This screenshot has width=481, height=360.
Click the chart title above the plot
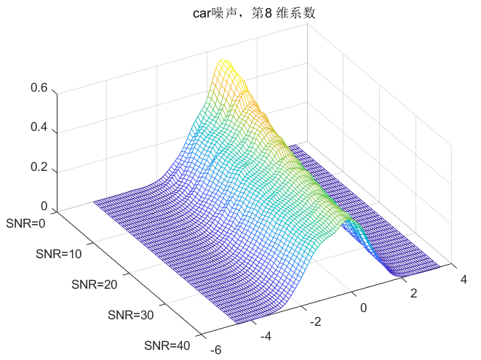coord(240,12)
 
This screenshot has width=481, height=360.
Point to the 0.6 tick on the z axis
coord(39,88)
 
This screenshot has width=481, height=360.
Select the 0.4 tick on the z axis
coord(39,127)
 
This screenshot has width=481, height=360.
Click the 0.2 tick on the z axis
coord(39,167)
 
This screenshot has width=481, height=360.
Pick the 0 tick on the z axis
coord(44,206)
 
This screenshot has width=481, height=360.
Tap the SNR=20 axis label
coord(95,284)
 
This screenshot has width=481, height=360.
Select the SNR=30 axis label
coord(132,315)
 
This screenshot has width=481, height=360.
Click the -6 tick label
coord(215,350)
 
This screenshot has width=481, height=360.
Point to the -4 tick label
coord(266,336)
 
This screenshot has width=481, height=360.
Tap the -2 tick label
coord(316,321)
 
